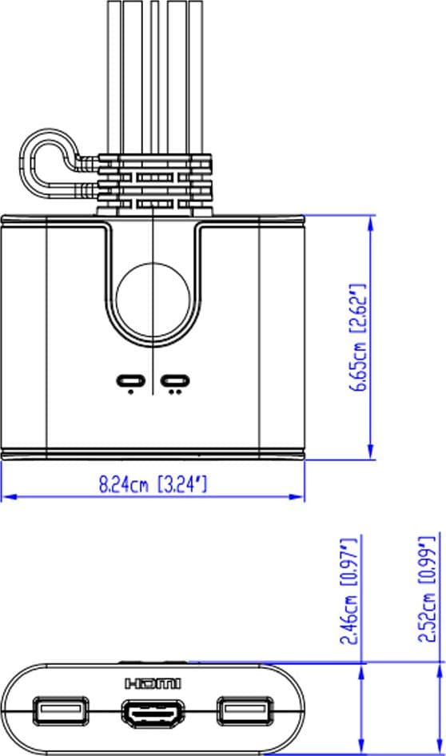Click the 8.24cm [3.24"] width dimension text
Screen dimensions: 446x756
pyautogui.click(x=153, y=483)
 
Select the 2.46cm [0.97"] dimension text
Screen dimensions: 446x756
pyautogui.click(x=349, y=591)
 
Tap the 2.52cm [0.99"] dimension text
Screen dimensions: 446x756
pyautogui.click(x=427, y=589)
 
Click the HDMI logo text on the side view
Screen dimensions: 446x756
pyautogui.click(x=153, y=683)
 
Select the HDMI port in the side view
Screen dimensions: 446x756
pyautogui.click(x=153, y=711)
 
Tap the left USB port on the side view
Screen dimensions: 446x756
pyautogui.click(x=61, y=710)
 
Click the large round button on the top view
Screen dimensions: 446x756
pyautogui.click(x=153, y=300)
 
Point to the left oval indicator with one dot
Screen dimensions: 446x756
pyautogui.click(x=130, y=381)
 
